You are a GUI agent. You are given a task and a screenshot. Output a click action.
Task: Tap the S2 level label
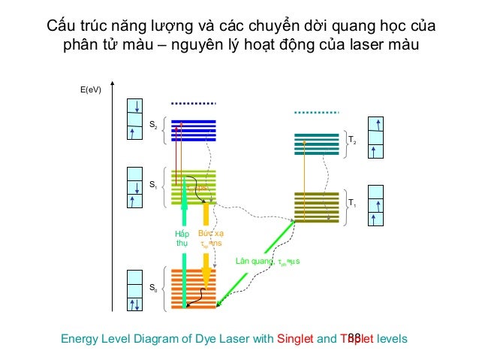click(x=153, y=128)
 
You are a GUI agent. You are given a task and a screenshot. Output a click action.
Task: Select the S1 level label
click(x=153, y=184)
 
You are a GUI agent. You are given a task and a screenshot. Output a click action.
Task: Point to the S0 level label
click(x=153, y=287)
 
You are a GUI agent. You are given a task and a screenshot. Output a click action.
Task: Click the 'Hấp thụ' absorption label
click(x=182, y=238)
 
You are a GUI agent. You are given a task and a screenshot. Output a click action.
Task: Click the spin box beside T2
click(x=377, y=137)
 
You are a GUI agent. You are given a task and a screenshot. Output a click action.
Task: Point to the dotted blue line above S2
click(x=194, y=103)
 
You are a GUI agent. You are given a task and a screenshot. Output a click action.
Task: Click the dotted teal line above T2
click(x=317, y=113)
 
